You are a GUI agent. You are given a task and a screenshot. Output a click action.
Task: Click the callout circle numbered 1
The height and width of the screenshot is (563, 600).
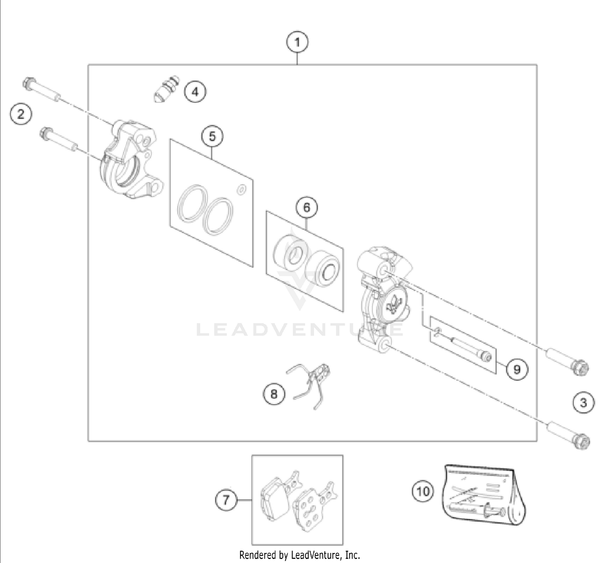[x=297, y=42]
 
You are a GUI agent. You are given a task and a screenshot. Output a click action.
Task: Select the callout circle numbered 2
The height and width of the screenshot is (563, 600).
[x=21, y=114]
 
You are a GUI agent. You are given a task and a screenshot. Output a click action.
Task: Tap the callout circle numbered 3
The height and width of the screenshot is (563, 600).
[x=583, y=402]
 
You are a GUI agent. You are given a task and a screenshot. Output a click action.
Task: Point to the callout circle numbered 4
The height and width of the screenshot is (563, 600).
[x=195, y=92]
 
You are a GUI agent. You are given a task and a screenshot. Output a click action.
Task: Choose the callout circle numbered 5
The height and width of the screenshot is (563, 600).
[x=212, y=136]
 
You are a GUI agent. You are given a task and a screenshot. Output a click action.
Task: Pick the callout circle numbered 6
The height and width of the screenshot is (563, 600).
[x=306, y=207]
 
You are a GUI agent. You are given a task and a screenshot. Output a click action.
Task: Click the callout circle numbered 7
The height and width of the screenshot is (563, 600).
[x=226, y=500]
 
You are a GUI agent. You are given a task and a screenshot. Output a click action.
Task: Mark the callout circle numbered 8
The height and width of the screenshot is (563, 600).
[x=274, y=394]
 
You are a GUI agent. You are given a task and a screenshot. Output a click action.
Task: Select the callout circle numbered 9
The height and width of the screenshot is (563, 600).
[x=517, y=369]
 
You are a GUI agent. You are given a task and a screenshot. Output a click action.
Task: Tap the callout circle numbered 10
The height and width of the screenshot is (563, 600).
[x=423, y=491]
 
